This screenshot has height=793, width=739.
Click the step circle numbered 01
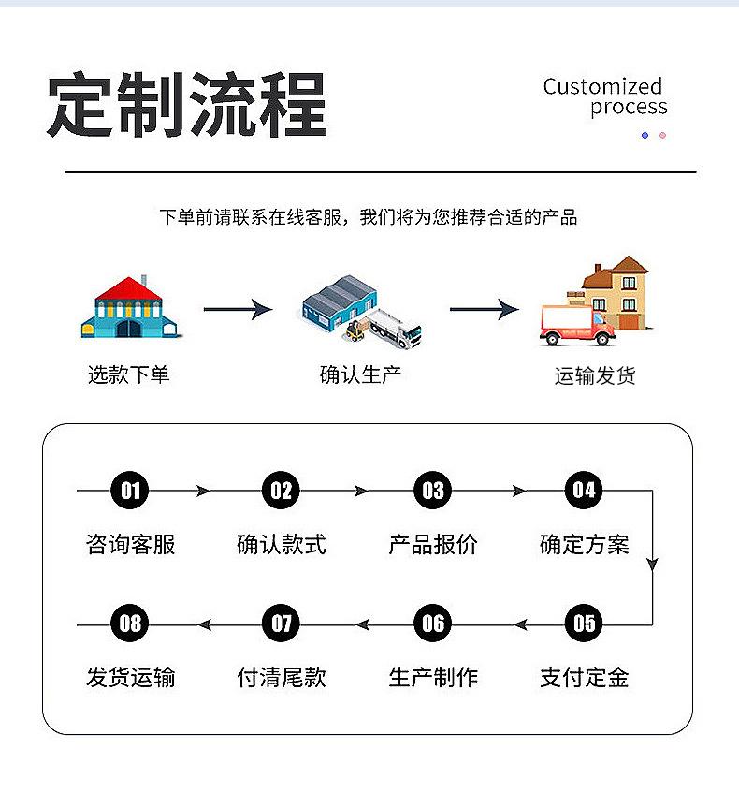click(130, 490)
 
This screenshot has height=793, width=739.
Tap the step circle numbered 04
click(584, 490)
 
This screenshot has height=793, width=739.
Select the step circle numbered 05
click(584, 624)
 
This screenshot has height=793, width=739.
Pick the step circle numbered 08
click(130, 624)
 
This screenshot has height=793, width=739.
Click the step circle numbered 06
click(433, 624)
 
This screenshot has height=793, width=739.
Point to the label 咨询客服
click(130, 544)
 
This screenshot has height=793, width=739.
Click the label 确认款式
click(282, 544)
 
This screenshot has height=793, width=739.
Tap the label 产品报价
click(433, 544)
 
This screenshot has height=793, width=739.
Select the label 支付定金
click(584, 678)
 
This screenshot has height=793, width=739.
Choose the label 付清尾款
click(282, 678)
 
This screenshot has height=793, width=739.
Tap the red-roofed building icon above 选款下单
click(131, 307)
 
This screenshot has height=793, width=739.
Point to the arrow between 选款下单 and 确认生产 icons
click(238, 309)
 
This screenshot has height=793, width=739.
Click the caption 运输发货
click(595, 376)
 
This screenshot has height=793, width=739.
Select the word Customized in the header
click(602, 87)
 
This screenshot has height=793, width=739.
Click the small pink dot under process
click(662, 136)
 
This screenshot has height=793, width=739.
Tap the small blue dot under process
click(645, 136)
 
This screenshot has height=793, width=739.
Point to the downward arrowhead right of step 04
click(652, 565)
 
